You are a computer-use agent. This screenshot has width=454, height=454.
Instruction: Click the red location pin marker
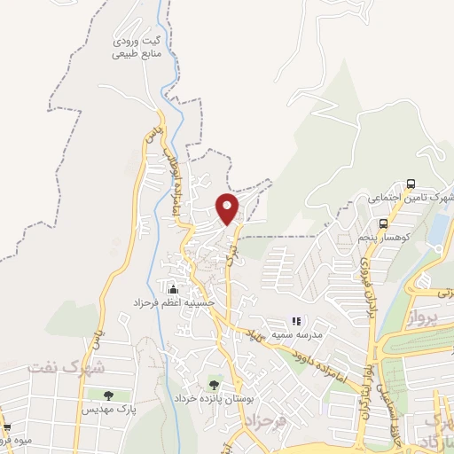coord(228,207)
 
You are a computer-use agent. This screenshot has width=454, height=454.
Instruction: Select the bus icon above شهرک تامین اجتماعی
coord(410,184)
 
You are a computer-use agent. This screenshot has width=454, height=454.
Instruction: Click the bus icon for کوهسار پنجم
coord(382,224)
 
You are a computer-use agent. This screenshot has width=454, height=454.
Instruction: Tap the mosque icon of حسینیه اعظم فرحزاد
coord(173,288)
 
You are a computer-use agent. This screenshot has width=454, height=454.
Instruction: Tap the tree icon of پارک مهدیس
coord(108,395)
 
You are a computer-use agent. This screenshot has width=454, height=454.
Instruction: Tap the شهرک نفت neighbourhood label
coord(66,365)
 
